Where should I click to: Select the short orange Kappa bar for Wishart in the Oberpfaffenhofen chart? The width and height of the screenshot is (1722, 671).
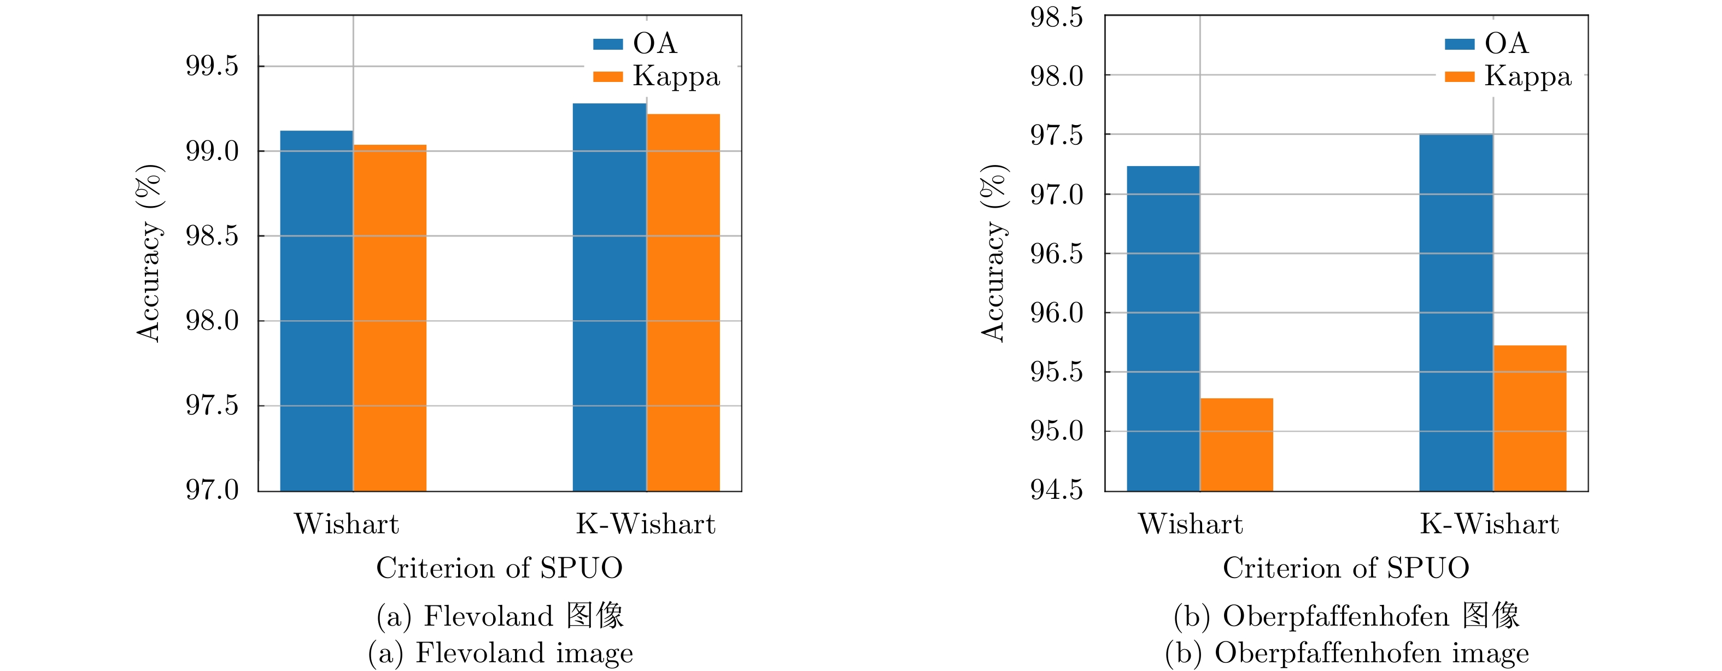point(1237,444)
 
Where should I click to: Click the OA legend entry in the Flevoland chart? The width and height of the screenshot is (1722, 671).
point(635,44)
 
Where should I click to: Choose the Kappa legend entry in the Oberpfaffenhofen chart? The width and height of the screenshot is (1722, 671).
point(1508,76)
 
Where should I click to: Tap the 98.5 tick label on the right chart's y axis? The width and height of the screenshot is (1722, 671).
point(1056,17)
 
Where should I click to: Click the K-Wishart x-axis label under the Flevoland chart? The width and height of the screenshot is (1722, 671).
point(646,524)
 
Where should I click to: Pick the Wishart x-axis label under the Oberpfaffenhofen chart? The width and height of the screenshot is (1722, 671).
point(1191,524)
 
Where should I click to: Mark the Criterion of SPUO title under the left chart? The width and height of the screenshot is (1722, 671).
point(499,568)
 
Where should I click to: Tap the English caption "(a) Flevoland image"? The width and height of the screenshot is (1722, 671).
point(501,653)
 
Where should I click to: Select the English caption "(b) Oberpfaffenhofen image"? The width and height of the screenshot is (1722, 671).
point(1346,653)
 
